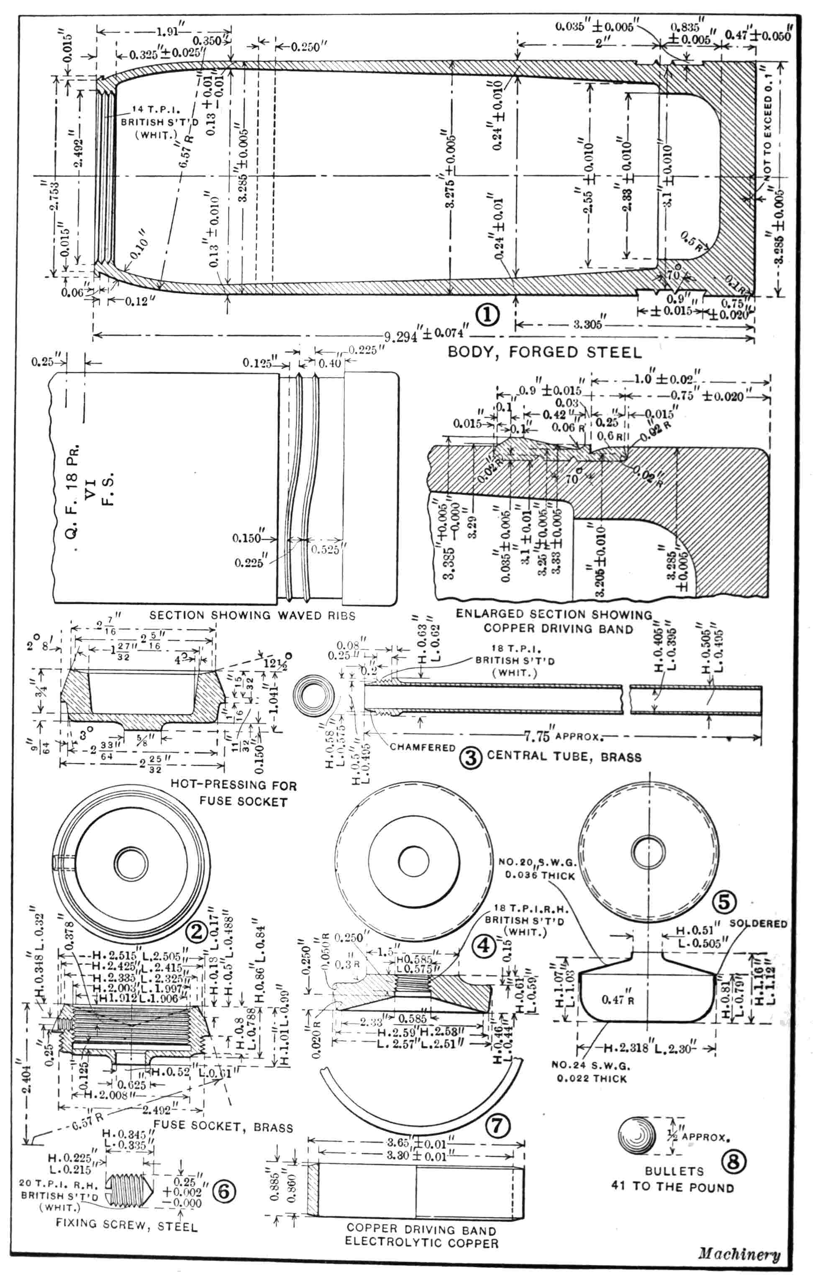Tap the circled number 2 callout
[196, 931]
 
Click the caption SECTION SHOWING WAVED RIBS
[252, 616]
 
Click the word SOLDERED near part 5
[758, 923]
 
